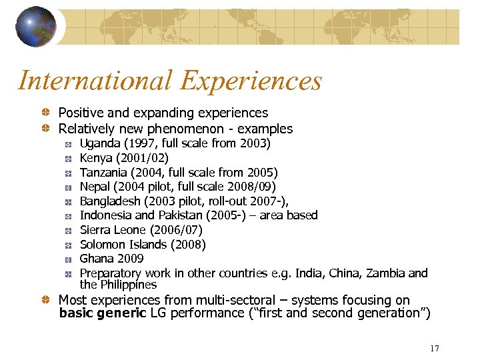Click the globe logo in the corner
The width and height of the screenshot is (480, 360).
tap(36, 26)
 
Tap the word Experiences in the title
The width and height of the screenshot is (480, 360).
tap(251, 81)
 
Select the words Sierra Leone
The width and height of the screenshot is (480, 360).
tap(113, 230)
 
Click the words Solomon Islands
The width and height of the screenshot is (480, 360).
tap(124, 244)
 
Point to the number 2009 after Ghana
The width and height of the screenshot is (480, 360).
tap(130, 259)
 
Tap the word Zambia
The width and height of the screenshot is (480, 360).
tap(385, 273)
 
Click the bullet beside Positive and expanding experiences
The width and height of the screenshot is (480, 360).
tap(45, 113)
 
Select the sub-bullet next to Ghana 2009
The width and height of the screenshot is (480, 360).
tap(68, 259)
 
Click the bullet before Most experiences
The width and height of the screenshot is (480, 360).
tap(45, 301)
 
